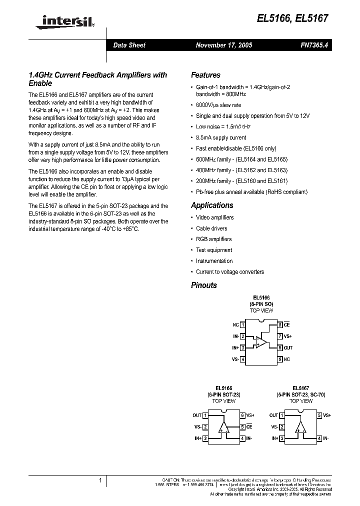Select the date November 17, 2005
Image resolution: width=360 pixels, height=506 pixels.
tap(223, 45)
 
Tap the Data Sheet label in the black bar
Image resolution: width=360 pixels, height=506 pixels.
tap(129, 45)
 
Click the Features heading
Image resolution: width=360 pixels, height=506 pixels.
tap(205, 75)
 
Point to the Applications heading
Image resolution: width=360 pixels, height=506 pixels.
tap(212, 205)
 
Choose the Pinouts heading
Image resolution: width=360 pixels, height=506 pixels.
tap(204, 285)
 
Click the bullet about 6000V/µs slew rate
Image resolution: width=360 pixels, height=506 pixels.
tap(218, 105)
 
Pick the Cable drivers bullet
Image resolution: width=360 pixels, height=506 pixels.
tap(211, 228)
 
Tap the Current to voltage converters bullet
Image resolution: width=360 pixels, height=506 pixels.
tap(230, 272)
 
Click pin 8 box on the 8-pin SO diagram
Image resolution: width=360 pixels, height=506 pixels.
tap(280, 325)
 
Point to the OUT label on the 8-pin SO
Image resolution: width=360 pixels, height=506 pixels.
tap(288, 348)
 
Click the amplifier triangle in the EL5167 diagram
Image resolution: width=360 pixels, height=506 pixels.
tap(300, 427)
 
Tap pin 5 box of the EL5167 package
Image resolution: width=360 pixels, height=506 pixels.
tap(318, 415)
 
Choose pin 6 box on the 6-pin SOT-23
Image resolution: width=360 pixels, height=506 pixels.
tap(242, 415)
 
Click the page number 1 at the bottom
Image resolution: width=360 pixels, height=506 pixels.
tap(100, 481)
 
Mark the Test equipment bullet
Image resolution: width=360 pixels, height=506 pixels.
tap(214, 250)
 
